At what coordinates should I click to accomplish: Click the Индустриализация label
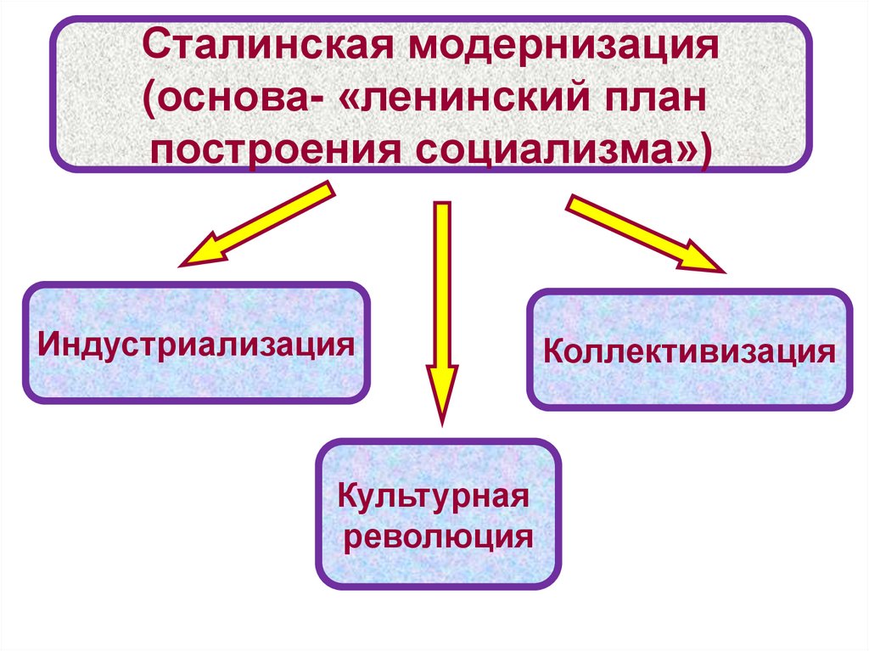pyautogui.click(x=195, y=343)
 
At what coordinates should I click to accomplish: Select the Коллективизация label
pyautogui.click(x=689, y=350)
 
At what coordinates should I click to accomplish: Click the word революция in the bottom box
pyautogui.click(x=437, y=536)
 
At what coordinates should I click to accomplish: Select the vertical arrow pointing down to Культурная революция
pyautogui.click(x=440, y=306)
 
